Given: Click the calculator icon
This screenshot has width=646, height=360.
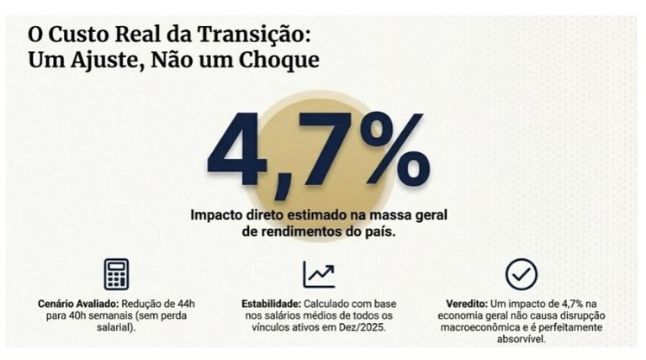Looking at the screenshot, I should (x=116, y=274).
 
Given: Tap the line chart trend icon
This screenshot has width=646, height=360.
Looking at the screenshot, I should (x=319, y=274).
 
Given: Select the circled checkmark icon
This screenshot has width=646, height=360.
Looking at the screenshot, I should (x=522, y=274).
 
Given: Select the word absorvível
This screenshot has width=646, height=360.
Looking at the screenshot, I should (x=522, y=339).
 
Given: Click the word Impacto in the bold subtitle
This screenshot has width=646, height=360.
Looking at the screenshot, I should (x=218, y=214).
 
